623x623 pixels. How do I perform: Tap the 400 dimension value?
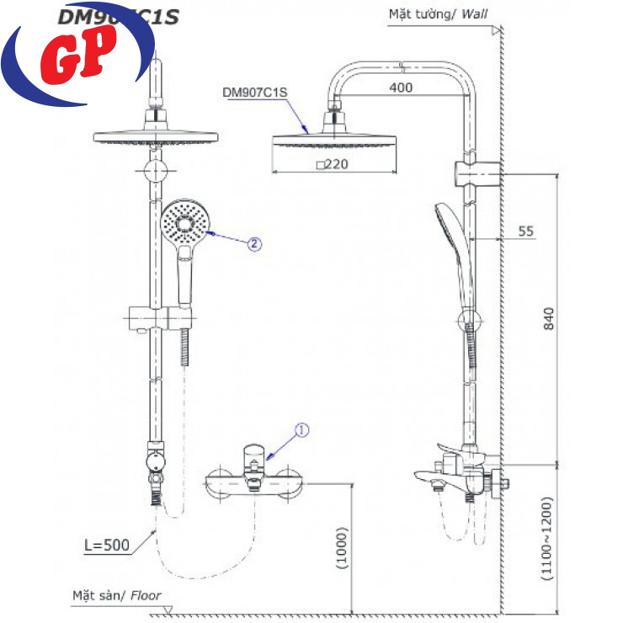coord(402,88)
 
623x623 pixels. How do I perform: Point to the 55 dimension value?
coord(526,232)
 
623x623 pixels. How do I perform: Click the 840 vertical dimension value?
coord(550,319)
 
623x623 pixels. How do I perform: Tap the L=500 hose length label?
coord(107,545)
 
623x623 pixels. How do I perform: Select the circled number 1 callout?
coord(301,431)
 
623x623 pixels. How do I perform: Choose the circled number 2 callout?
coord(254,244)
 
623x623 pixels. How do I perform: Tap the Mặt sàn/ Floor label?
coord(116,596)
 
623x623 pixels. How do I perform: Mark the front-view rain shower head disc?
coord(155,136)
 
